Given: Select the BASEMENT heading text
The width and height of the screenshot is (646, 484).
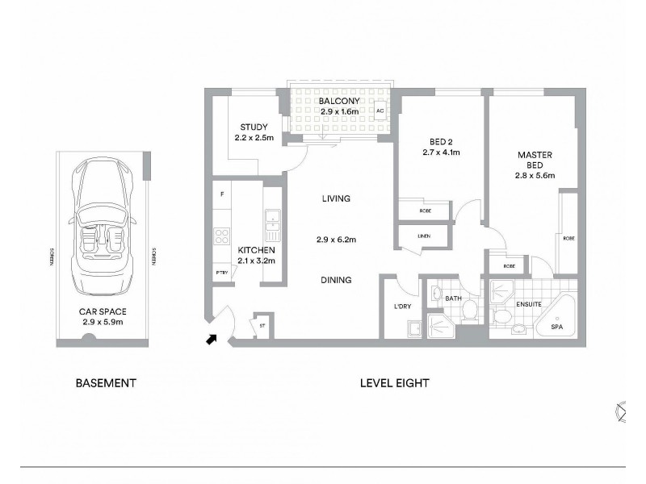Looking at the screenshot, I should (x=105, y=383).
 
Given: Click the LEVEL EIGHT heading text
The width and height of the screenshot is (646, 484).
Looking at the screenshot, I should (x=394, y=383).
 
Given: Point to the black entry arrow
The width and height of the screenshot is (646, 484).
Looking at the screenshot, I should (x=212, y=340).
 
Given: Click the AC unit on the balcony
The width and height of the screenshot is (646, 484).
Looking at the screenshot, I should (x=380, y=111).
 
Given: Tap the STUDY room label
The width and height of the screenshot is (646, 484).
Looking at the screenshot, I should (x=254, y=127).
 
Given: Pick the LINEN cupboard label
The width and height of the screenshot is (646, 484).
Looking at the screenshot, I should (x=424, y=235).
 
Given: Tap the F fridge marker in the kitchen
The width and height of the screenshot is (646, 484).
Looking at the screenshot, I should (x=221, y=194).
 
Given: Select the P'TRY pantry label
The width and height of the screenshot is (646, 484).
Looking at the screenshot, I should (x=221, y=273).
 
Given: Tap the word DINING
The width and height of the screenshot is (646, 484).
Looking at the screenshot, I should (x=336, y=281).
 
